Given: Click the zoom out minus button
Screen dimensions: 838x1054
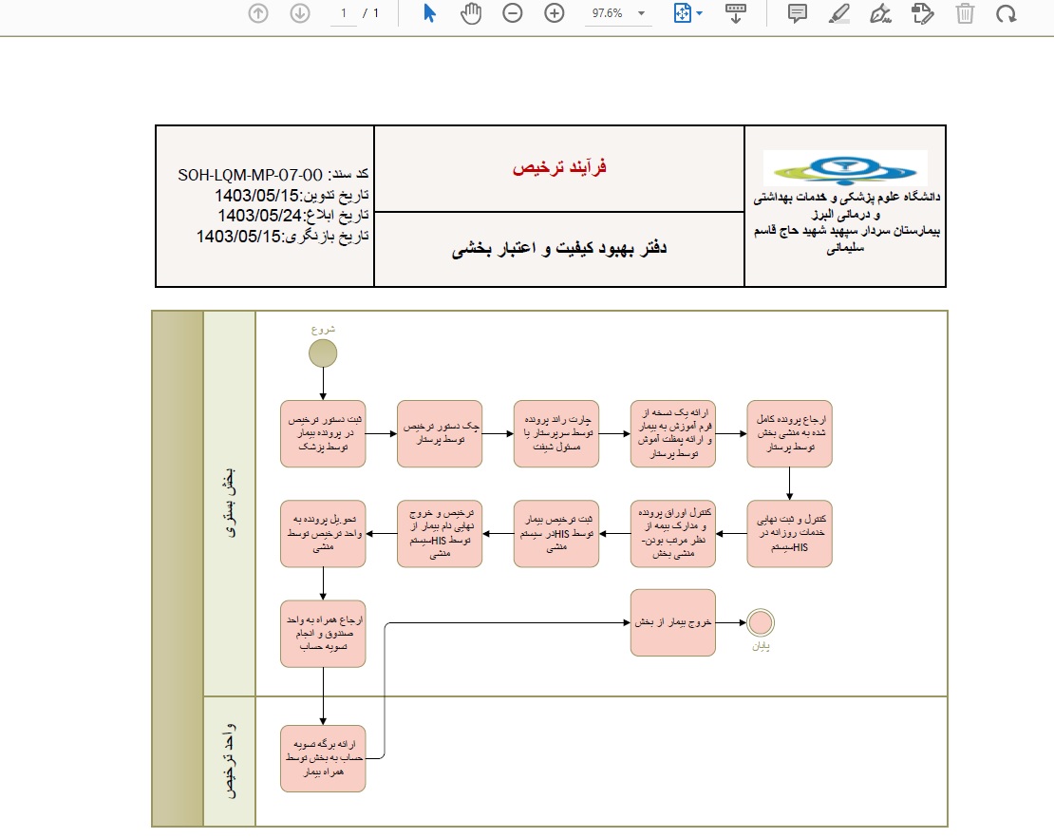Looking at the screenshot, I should (513, 13).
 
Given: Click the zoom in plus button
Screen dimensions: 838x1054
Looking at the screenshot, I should (555, 13).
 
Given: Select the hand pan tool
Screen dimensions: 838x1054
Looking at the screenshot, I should (471, 13).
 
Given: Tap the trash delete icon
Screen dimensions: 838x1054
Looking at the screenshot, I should (965, 13).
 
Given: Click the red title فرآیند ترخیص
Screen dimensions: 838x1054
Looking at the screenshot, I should (559, 168).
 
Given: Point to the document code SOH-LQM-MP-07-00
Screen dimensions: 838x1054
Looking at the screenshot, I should (252, 176).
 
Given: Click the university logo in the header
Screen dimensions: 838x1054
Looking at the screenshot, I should (845, 168).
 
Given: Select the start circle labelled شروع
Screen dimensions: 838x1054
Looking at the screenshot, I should (323, 353).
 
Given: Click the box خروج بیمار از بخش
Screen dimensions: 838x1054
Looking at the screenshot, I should (673, 622).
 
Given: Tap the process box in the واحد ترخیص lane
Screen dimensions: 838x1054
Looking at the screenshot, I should (323, 758).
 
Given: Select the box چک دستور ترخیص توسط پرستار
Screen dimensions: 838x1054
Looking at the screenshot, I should (440, 433).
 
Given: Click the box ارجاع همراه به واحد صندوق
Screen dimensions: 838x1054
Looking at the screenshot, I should (323, 633).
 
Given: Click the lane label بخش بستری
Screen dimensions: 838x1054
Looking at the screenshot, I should (230, 504).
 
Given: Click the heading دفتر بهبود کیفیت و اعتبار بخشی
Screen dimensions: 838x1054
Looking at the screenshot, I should (559, 249).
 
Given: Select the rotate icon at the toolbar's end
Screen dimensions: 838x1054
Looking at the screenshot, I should (1007, 13).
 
